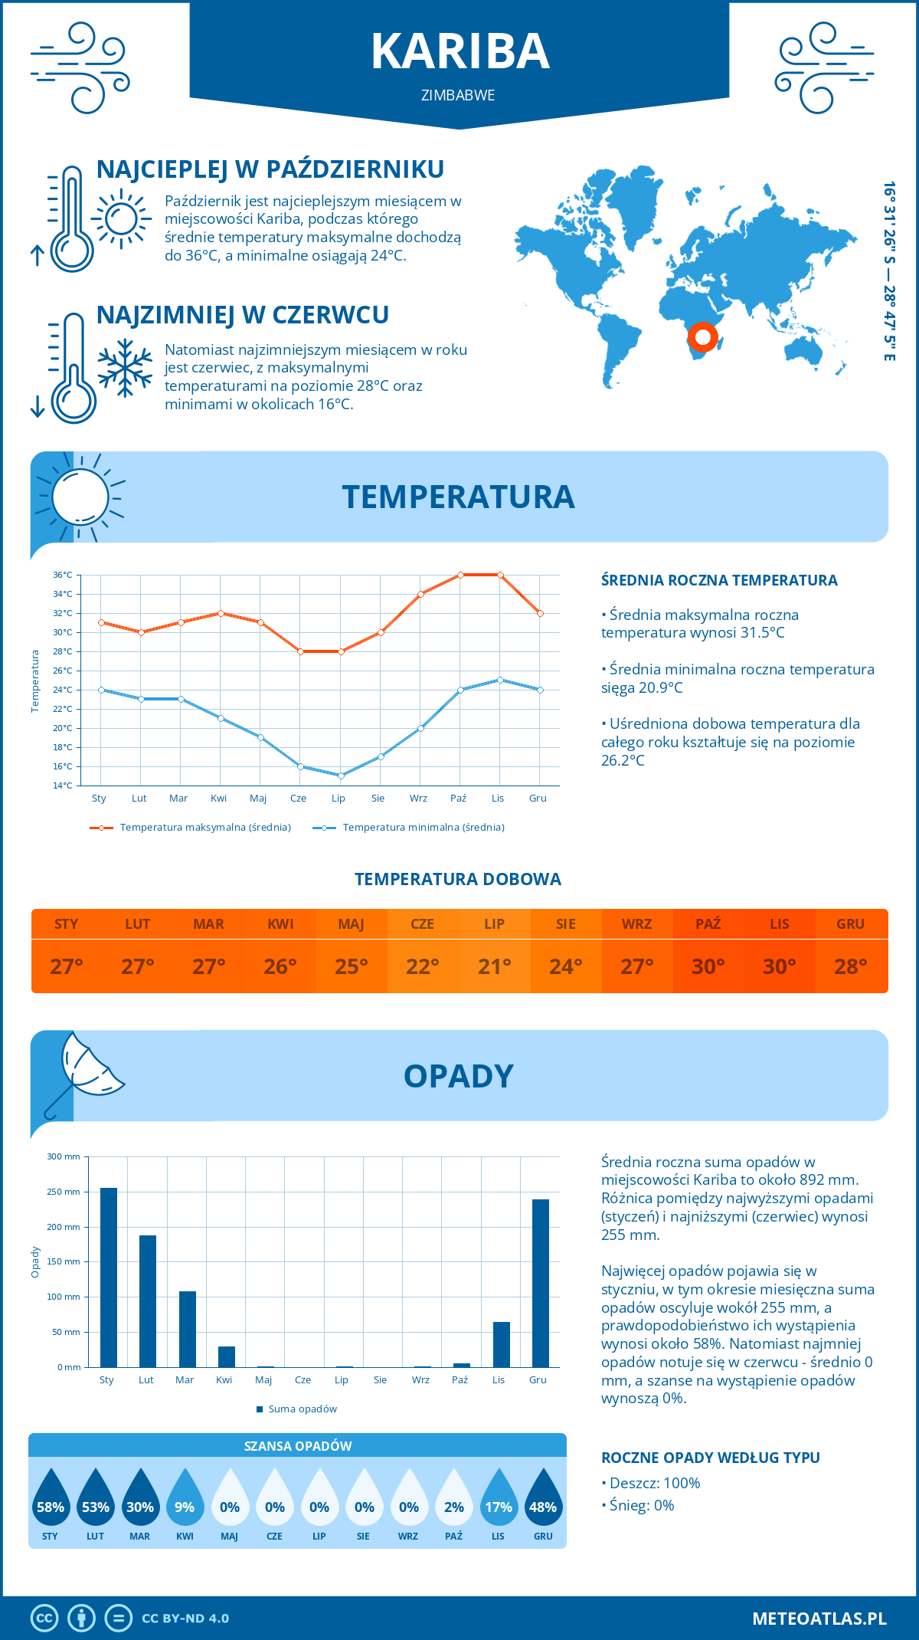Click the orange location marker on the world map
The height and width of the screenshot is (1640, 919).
pyautogui.click(x=702, y=336)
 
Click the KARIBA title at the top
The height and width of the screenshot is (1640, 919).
pyautogui.click(x=459, y=51)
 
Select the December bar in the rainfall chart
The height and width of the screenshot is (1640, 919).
pyautogui.click(x=541, y=1283)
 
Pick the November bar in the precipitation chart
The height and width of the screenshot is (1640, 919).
pyautogui.click(x=502, y=1344)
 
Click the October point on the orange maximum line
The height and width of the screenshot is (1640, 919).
pyautogui.click(x=460, y=575)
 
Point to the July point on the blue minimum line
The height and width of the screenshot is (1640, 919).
pyautogui.click(x=341, y=776)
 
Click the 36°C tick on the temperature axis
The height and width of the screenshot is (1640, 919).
pyautogui.click(x=63, y=575)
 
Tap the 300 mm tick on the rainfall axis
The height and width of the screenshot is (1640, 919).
pyautogui.click(x=64, y=1156)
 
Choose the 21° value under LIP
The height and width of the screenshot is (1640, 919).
pyautogui.click(x=494, y=966)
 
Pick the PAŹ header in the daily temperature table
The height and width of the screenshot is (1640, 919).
pyautogui.click(x=708, y=924)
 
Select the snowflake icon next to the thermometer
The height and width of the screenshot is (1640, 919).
pyautogui.click(x=125, y=368)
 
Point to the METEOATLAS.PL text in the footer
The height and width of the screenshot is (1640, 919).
pyautogui.click(x=819, y=1619)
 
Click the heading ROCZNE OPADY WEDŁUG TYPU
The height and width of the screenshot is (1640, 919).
pyautogui.click(x=710, y=1458)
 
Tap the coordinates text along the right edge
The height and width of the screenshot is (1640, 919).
pyautogui.click(x=889, y=271)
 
